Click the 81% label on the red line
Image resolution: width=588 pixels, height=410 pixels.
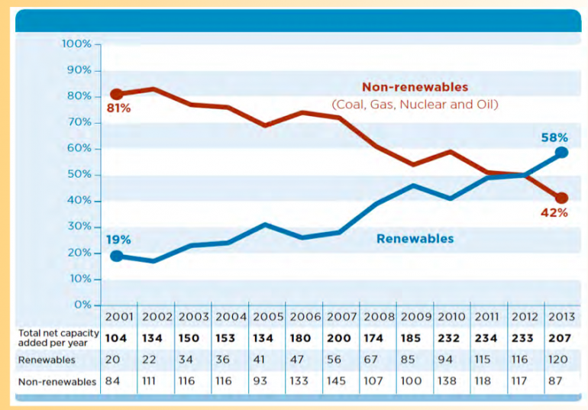119,109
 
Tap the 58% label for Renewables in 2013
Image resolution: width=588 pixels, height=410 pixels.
554,137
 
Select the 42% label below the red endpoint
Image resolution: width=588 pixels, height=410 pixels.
554,213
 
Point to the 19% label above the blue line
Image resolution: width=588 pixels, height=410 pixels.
118,240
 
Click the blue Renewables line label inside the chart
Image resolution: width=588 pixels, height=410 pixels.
415,239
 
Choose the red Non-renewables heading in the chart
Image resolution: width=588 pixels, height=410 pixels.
415,87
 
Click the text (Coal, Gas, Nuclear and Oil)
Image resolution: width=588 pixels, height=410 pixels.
415,104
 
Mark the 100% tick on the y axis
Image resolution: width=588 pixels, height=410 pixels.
76,44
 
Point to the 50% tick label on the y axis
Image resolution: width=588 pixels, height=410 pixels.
79,175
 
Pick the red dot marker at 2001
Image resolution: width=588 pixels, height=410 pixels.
116,94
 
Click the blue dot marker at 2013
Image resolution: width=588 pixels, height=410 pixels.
561,153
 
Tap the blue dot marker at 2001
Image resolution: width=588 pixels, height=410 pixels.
116,256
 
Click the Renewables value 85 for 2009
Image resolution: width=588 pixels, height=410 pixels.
411,360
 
